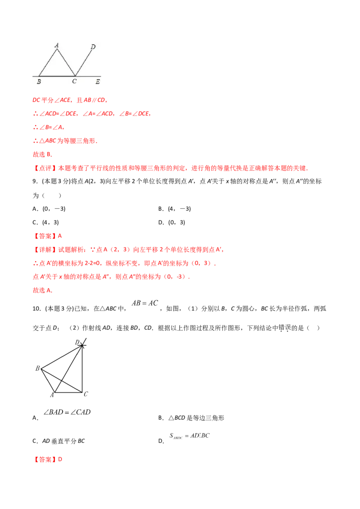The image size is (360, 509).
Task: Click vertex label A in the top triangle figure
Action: coord(57,45)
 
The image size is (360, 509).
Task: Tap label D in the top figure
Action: coord(93,47)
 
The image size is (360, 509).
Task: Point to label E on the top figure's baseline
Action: coord(98,82)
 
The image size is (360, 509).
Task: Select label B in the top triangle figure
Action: coord(39,82)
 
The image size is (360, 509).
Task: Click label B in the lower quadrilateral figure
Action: coord(37,368)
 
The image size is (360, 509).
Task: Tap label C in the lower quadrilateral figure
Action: coord(86,394)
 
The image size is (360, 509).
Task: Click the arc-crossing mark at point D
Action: coord(82,345)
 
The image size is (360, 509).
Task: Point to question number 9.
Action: coord(36,182)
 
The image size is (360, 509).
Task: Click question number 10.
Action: coord(37,309)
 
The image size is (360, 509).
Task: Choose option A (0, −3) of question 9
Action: coord(49,209)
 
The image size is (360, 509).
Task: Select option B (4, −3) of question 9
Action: coord(175,209)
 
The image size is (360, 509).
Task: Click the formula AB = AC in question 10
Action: coord(145,303)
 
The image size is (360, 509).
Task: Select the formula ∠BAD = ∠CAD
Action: coord(67,412)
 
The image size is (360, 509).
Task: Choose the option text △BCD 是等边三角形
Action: coord(196,418)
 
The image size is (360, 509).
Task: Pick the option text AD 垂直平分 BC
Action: coord(63,441)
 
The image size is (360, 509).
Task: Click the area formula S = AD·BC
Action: coord(189,436)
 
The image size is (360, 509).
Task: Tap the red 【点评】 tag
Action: coord(45,168)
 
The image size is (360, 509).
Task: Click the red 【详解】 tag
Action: coord(45,250)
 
